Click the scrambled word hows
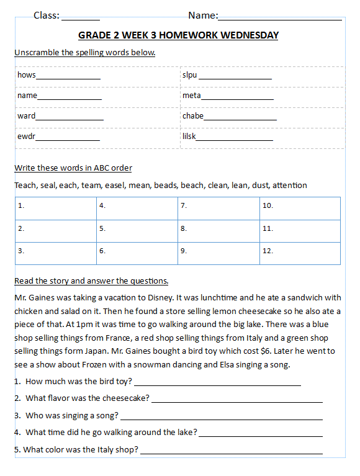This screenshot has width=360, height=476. pyautogui.click(x=27, y=75)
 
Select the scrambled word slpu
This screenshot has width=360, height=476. pyautogui.click(x=189, y=75)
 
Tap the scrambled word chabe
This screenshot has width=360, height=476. pyautogui.click(x=193, y=116)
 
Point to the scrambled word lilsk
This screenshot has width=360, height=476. pyautogui.click(x=189, y=136)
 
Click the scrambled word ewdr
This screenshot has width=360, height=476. pyautogui.click(x=26, y=136)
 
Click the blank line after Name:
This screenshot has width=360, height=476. pyautogui.click(x=279, y=19)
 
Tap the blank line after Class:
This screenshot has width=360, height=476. pyautogui.click(x=80, y=19)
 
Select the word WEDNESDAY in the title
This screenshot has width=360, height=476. pyautogui.click(x=246, y=35)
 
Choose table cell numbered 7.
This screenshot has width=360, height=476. pyautogui.click(x=219, y=208)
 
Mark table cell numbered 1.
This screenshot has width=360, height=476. pyautogui.click(x=56, y=208)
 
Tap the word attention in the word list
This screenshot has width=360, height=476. pyautogui.click(x=289, y=186)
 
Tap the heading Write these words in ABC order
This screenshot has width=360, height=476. pyautogui.click(x=73, y=168)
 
